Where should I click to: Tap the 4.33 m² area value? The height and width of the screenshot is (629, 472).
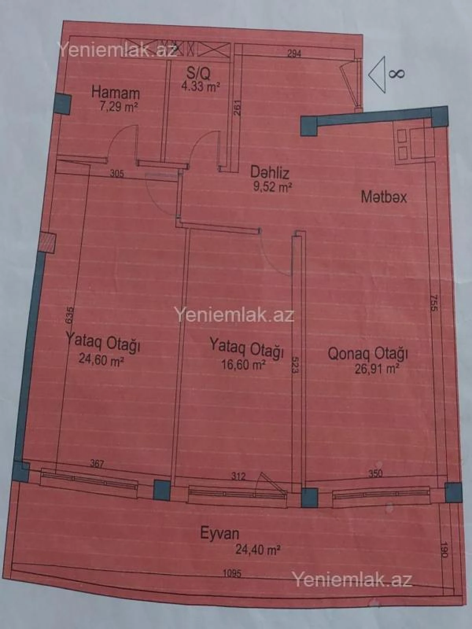(x=200, y=86)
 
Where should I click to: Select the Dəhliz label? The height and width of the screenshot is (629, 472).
(x=270, y=172)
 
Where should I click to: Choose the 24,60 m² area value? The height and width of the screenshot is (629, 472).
(x=101, y=359)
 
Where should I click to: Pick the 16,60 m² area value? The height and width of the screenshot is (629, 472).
(x=243, y=364)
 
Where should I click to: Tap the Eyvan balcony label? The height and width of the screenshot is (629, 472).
(x=219, y=533)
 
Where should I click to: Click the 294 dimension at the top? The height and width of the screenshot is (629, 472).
(x=294, y=53)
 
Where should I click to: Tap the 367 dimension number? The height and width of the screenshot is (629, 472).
(x=97, y=463)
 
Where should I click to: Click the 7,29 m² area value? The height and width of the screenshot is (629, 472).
(x=118, y=107)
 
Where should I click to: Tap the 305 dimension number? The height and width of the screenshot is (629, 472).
(x=117, y=173)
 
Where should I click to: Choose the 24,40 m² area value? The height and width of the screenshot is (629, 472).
(x=258, y=549)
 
